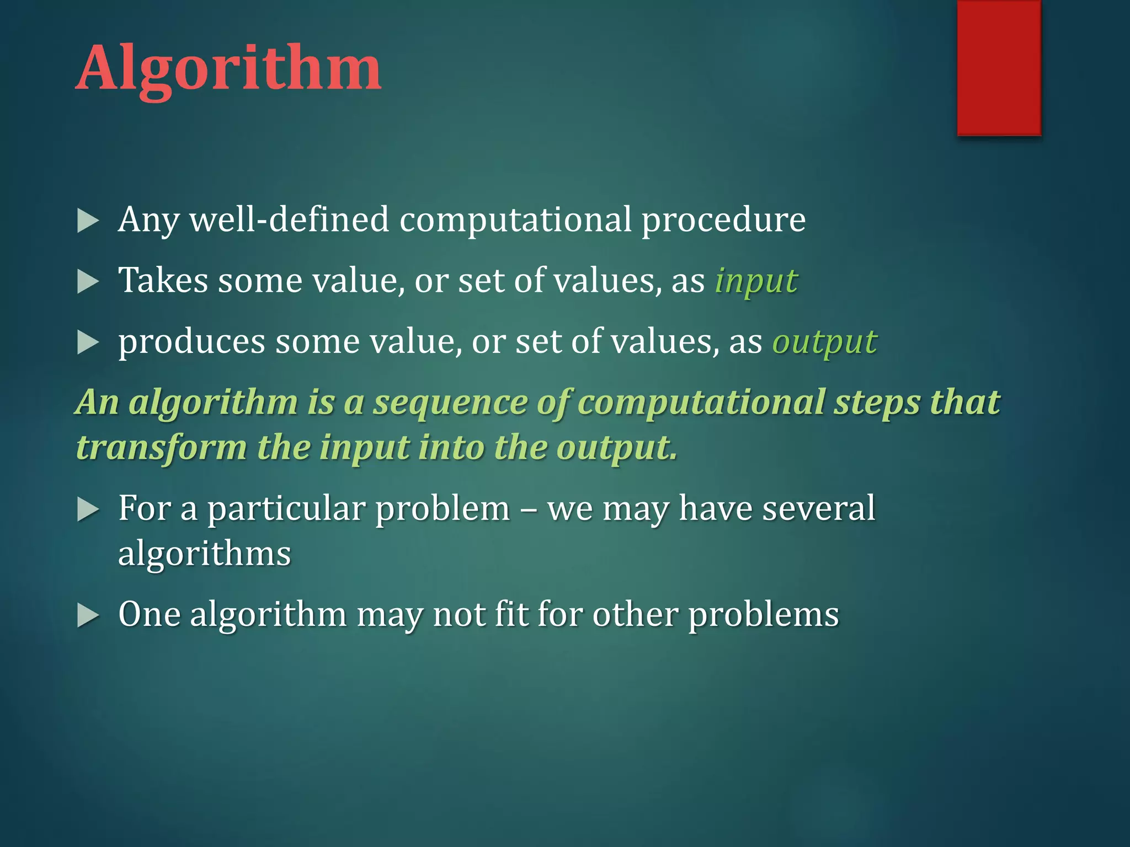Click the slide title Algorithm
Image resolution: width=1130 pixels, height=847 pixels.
pos(228,69)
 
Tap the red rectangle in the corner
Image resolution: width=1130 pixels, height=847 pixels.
pos(999,67)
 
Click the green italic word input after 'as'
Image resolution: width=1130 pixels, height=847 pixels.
pos(756,282)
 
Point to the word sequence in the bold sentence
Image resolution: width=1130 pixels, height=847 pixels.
pos(450,403)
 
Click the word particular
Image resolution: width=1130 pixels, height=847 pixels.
pos(286,509)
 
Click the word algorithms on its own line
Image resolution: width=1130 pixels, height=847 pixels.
pos(204,554)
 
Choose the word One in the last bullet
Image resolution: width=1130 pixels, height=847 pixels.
pos(149,614)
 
